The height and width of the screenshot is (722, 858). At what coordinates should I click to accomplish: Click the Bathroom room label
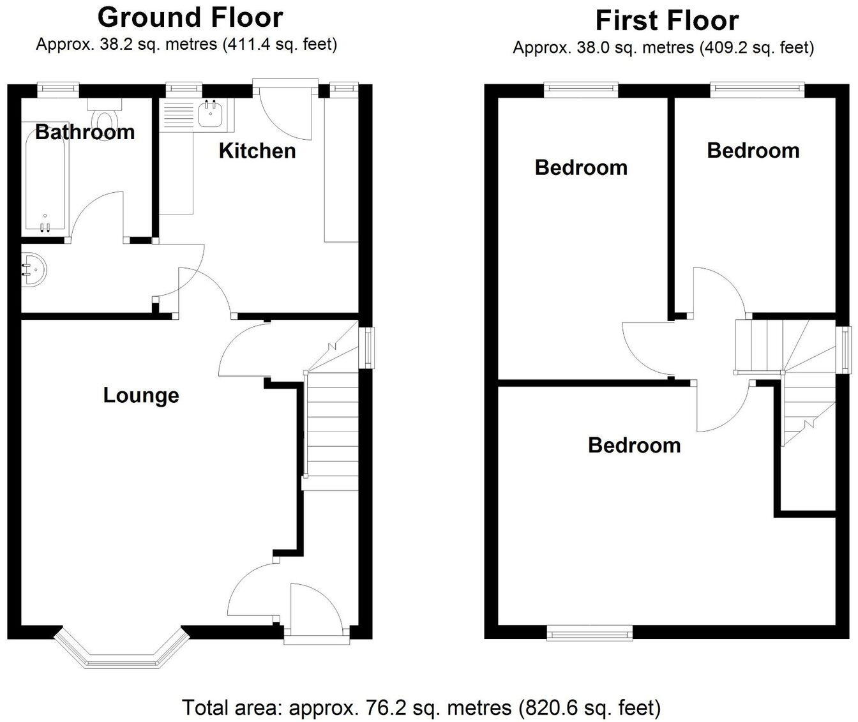(x=85, y=132)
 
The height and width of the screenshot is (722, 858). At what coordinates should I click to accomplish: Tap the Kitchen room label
(x=257, y=151)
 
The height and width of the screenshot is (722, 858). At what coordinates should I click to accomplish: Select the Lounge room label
(x=141, y=395)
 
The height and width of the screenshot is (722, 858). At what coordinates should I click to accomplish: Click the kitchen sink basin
(x=209, y=115)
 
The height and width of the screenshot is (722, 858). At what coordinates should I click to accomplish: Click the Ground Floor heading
(x=190, y=17)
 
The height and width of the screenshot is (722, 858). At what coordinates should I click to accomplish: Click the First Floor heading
(x=666, y=20)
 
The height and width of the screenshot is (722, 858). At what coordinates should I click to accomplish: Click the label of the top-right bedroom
(x=753, y=150)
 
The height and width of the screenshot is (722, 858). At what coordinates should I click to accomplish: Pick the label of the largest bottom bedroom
(x=634, y=444)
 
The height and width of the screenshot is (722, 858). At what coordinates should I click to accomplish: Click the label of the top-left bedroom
(x=581, y=167)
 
